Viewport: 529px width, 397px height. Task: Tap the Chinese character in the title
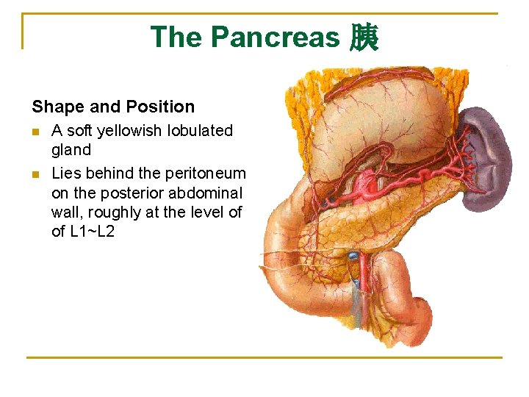(364, 37)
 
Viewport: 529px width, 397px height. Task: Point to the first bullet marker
(36, 132)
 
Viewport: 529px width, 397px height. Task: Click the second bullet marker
(36, 174)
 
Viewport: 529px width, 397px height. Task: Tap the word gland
(71, 150)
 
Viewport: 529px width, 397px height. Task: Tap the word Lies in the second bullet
(66, 174)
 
